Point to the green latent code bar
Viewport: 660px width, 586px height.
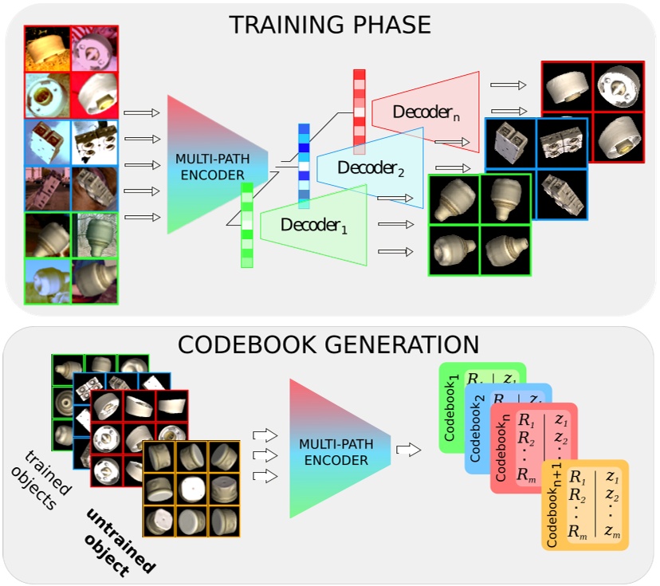247,225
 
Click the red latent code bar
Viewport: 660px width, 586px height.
359,112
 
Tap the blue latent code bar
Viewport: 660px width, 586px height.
304,166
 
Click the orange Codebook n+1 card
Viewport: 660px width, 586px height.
586,505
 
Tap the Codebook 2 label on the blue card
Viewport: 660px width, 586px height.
476,434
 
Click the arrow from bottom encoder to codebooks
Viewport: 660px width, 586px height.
407,450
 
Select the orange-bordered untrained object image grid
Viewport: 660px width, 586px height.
191,489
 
